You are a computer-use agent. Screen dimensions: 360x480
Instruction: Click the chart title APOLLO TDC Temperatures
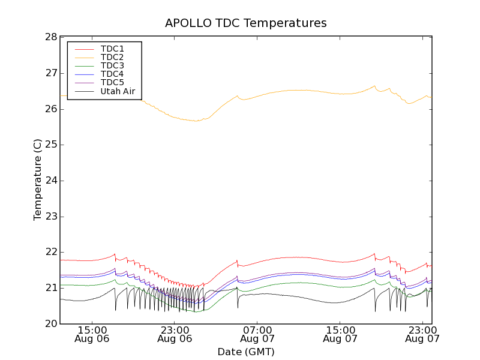(x=246, y=23)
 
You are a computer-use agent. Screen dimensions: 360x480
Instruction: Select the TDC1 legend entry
(x=112, y=48)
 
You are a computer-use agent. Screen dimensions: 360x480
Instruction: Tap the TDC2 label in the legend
(x=112, y=57)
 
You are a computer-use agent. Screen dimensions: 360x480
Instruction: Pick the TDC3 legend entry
(x=112, y=65)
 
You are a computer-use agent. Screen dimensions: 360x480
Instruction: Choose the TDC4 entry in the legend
(x=112, y=74)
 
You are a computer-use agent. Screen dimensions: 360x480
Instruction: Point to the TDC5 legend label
(x=112, y=82)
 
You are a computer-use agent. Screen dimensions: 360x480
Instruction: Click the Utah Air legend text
(x=118, y=91)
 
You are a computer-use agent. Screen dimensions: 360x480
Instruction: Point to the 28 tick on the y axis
(x=50, y=37)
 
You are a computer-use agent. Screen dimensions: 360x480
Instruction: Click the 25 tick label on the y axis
(x=50, y=145)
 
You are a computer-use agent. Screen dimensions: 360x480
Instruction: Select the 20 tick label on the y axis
(x=50, y=324)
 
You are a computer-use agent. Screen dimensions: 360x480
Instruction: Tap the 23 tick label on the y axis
(x=50, y=217)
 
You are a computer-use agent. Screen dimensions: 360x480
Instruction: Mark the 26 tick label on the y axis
(x=50, y=109)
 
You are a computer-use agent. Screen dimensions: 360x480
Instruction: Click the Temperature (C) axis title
(x=38, y=180)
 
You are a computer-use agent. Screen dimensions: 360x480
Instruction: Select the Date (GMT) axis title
(x=246, y=352)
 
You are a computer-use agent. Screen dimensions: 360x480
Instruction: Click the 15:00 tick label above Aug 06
(x=93, y=329)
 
